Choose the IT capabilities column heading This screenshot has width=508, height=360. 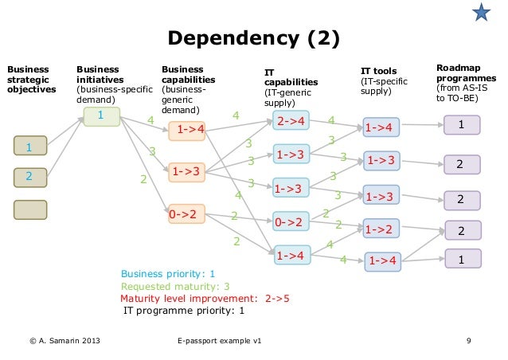(x=291, y=87)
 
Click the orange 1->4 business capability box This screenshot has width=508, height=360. (x=186, y=129)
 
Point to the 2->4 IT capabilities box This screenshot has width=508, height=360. (x=291, y=121)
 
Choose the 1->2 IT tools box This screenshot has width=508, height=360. (x=381, y=229)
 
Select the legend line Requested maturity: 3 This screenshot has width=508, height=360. (x=175, y=287)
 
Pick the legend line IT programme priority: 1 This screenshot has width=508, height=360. (x=183, y=311)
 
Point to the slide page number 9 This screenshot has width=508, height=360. (x=470, y=342)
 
